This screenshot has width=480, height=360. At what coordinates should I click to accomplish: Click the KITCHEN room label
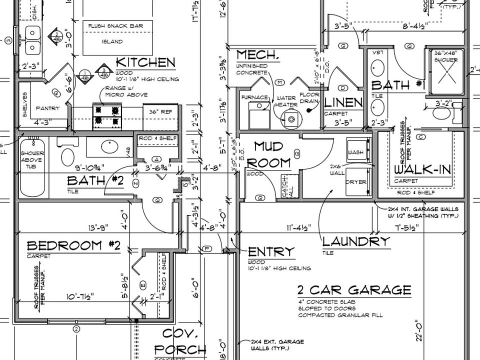tap(145, 62)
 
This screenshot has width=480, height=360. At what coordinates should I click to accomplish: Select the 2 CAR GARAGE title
tap(354, 290)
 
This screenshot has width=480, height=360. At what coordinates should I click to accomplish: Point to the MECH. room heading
tap(256, 55)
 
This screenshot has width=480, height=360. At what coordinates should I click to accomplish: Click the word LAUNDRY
tap(355, 241)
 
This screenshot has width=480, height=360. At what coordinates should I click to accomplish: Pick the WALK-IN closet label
tap(422, 169)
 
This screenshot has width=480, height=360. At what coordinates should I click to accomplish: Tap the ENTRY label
tap(271, 251)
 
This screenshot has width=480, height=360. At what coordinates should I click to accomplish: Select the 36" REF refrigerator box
tap(161, 112)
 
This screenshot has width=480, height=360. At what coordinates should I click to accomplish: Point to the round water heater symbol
tap(290, 118)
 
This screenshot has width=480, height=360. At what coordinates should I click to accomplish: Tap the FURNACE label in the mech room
tap(254, 97)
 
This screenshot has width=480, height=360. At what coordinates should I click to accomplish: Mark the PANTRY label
tap(48, 108)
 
